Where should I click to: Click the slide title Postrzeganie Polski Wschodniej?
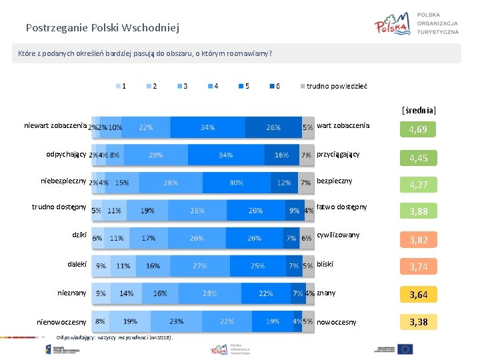coord(102,28)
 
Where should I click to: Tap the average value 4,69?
coord(418,129)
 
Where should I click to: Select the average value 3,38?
coord(418,323)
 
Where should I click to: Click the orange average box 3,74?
coord(418,267)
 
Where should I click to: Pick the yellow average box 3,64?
coord(418,295)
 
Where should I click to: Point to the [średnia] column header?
coord(419,109)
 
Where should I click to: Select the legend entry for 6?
coord(274,86)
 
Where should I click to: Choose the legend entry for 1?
coord(122,86)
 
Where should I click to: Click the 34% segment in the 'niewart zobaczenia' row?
coord(207,127)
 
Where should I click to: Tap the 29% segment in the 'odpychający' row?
coord(155,155)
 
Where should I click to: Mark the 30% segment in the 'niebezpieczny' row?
coord(236,183)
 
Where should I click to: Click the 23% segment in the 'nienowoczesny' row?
coord(177,321)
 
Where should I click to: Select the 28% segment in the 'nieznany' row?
coord(210,293)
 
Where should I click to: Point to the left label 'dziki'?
coord(79,235)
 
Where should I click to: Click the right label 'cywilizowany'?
coord(338,235)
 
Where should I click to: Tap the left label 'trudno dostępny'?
coord(59,207)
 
